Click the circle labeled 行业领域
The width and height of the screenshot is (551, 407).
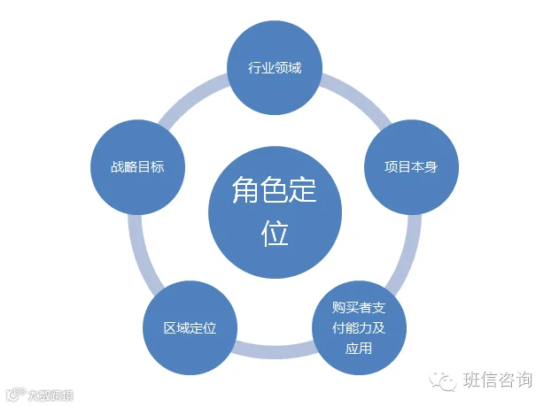tap(274, 67)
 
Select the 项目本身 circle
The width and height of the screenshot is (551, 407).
tap(409, 166)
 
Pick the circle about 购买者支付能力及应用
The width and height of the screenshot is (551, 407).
tap(359, 327)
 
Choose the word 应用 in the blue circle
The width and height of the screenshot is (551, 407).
tap(359, 348)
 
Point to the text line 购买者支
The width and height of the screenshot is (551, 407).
tap(359, 307)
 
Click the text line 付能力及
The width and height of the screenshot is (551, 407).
tap(359, 327)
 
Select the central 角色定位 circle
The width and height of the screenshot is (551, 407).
tap(275, 212)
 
